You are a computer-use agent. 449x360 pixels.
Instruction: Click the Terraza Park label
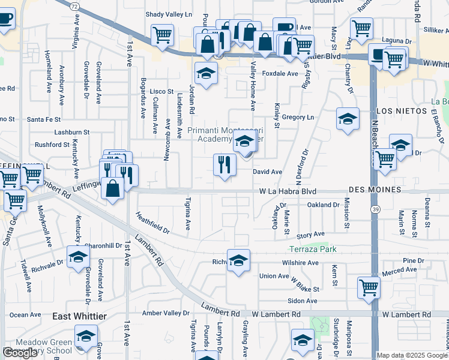[313, 249]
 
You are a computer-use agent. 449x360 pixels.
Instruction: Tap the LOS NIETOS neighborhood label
[401, 111]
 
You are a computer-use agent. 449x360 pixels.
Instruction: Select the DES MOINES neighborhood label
[373, 190]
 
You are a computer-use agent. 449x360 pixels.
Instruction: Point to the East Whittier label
[79, 316]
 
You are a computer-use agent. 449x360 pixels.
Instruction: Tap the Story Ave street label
[310, 234]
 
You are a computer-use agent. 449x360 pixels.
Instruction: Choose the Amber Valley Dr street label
[166, 313]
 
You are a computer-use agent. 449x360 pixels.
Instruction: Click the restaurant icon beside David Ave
[224, 164]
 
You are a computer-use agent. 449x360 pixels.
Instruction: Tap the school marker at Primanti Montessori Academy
[244, 143]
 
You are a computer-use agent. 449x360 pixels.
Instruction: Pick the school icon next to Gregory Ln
[348, 118]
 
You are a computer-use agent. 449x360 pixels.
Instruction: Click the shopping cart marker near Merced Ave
[368, 287]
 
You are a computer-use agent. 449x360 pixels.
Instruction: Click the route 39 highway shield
[375, 209]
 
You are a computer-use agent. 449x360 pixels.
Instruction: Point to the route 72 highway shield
[74, 6]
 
